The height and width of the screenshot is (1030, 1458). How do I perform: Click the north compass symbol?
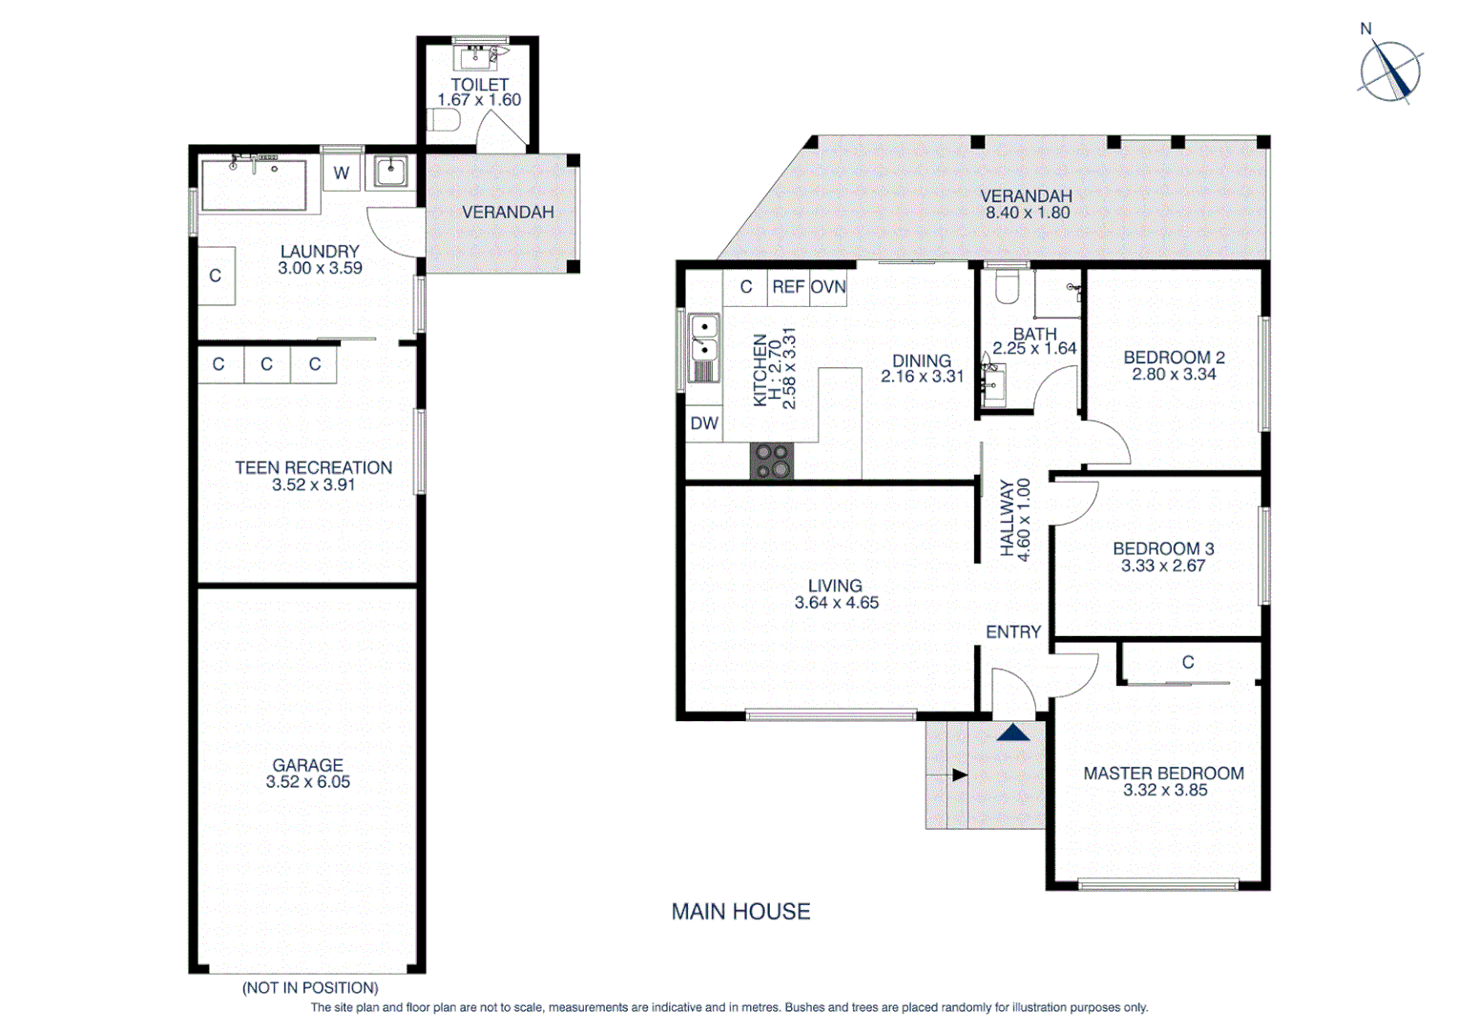pos(1390,72)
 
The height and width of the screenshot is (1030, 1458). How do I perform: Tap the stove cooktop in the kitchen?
pos(771,461)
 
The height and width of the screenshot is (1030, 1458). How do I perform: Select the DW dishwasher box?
pos(704,423)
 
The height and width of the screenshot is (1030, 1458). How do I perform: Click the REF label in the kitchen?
pos(788,287)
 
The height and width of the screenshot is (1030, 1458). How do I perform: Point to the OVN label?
pos(828,287)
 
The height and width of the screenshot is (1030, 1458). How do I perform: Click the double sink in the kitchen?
pos(704,348)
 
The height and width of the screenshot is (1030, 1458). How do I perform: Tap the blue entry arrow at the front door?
pos(1013,732)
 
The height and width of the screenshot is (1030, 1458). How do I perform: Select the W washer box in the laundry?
pos(342,174)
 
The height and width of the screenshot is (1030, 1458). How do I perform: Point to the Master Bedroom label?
pos(1163,773)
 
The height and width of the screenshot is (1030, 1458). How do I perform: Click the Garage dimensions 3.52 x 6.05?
pos(307,782)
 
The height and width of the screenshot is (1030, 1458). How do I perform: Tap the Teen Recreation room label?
pos(313,467)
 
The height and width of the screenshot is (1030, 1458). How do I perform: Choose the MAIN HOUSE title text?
pos(740,912)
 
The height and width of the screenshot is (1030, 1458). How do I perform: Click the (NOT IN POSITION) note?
pos(310,988)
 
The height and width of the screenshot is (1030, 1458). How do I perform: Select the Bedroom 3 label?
pos(1163,548)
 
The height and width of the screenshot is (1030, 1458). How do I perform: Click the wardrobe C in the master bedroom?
pos(1188,662)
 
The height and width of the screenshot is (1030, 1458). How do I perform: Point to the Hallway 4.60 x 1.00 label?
pos(1014,519)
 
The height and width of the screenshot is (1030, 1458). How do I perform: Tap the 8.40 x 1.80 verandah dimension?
pos(1027,213)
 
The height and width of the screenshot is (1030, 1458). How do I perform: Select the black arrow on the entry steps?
pos(958,775)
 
